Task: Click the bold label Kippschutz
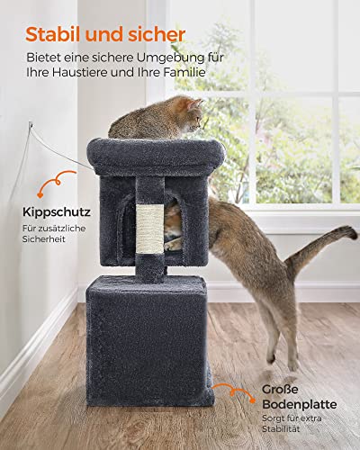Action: click(x=57, y=212)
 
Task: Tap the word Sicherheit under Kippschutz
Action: click(x=44, y=239)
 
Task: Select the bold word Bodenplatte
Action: click(x=300, y=404)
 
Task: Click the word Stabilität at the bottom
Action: click(x=281, y=429)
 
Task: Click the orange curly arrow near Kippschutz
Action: click(x=56, y=182)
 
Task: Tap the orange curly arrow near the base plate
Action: click(x=234, y=392)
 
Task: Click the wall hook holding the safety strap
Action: click(x=31, y=124)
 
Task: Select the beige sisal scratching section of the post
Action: click(x=150, y=229)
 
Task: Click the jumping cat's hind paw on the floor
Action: click(x=292, y=365)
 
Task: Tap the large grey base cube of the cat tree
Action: click(x=149, y=340)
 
